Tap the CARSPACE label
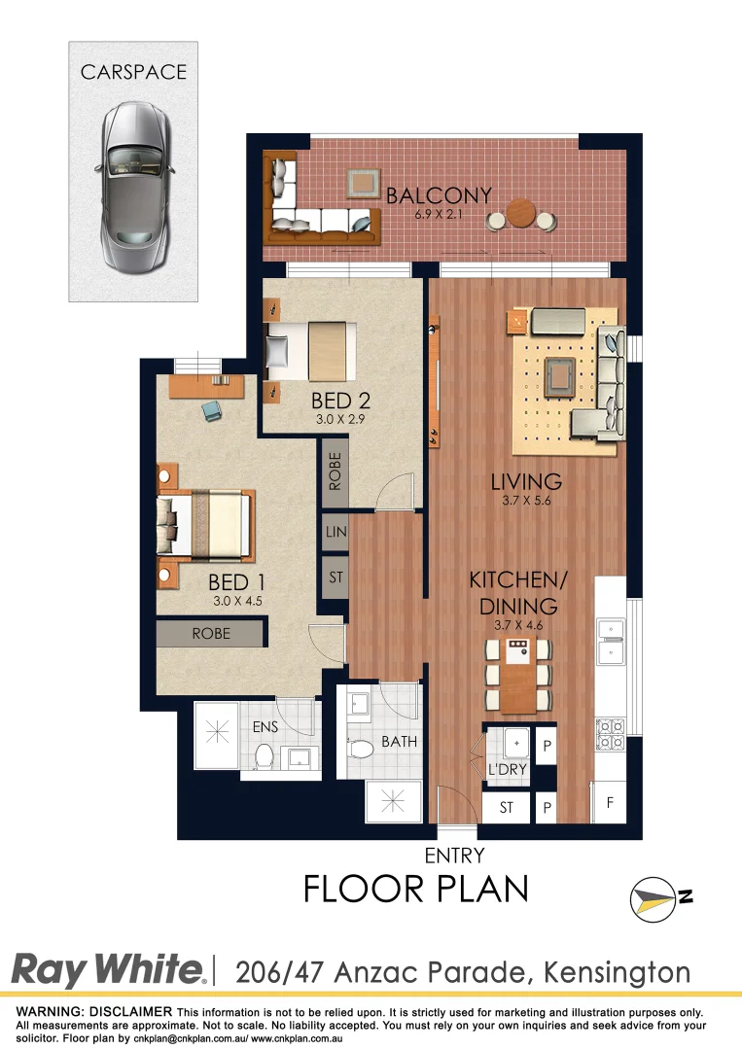(x=133, y=71)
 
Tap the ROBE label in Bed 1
(x=211, y=633)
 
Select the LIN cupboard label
(x=336, y=532)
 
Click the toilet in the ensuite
(x=264, y=756)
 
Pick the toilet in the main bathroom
(x=362, y=750)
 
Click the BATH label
(x=399, y=742)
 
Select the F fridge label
(x=610, y=802)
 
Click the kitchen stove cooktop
(x=610, y=734)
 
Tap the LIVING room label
(x=526, y=480)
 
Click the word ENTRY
(x=454, y=856)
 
